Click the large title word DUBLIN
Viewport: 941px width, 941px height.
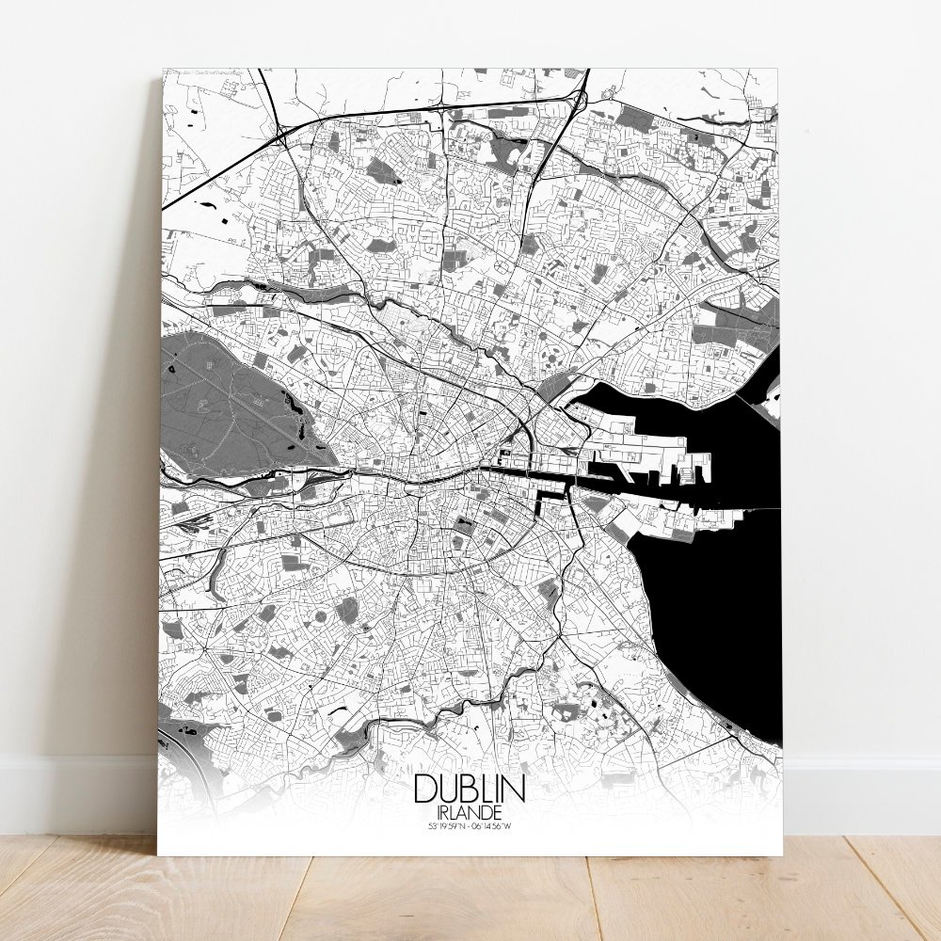[x=468, y=789]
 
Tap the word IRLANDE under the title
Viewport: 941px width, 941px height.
[x=468, y=811]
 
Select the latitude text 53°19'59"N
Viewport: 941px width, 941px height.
[x=444, y=826]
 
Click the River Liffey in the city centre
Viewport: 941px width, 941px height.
[x=423, y=476]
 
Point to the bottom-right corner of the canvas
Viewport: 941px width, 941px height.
[x=782, y=854]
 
